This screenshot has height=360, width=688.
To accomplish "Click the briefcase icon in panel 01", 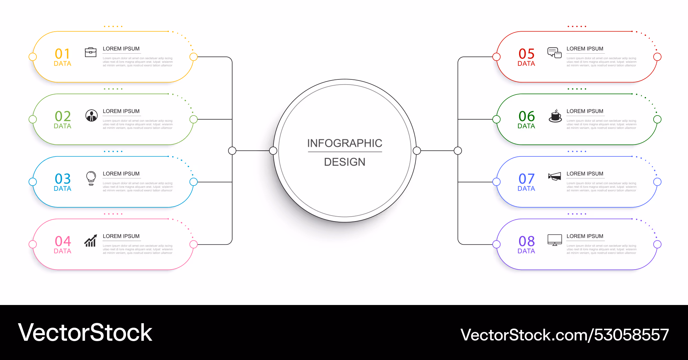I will point(90,52).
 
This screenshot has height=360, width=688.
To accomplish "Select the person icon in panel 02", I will point(92,116).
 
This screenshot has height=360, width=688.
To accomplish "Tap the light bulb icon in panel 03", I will point(91,178).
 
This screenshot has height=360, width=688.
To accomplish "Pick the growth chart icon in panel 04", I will point(90,241).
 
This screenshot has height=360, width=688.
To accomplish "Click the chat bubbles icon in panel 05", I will point(555,53).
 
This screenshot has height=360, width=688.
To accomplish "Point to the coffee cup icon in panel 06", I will point(555,116).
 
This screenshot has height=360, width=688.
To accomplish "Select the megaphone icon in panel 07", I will point(555,177).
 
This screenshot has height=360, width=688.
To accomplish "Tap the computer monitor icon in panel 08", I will point(555,240).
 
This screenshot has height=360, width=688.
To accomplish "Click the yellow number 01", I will point(62,54).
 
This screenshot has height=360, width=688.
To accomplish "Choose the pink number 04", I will point(63,241).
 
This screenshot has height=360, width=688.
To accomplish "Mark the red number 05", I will point(526,54).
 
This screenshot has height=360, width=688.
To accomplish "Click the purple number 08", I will point(526,241).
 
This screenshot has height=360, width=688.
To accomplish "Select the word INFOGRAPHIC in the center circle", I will point(345,143).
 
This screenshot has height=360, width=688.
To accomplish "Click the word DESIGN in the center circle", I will point(345,162).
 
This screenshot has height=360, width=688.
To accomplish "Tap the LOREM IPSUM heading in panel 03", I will point(121,174).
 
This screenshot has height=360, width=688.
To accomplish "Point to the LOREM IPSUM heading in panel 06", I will point(585,111).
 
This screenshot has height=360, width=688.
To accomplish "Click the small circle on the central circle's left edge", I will point(273,151).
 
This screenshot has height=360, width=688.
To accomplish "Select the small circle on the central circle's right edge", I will point(417,151).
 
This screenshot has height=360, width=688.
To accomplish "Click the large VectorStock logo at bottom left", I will point(85,332).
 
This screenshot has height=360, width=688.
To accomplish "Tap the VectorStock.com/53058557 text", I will point(565,335).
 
